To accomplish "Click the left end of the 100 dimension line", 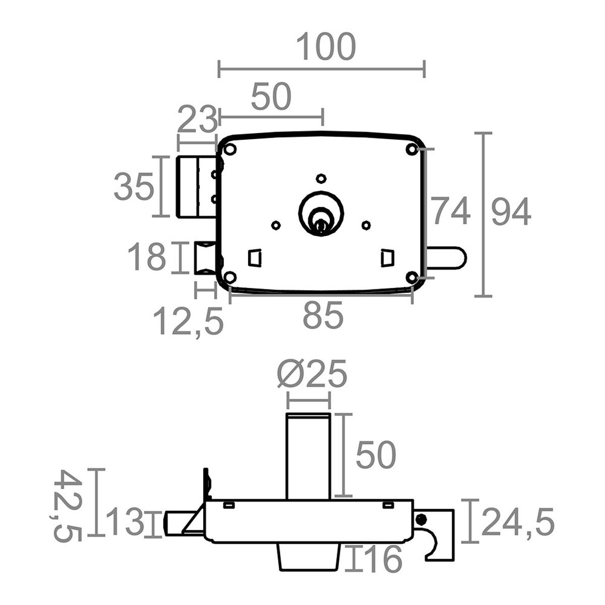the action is coord(219,69).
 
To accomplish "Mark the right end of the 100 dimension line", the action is coord(424,69).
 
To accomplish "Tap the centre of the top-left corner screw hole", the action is coord(231,149).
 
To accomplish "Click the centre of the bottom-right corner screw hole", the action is coord(412,277).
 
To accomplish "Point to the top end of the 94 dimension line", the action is coord(483,133).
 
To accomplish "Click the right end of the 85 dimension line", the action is coord(412,295).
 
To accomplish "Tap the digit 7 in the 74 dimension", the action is coord(441,210).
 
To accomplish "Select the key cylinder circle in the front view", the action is coord(321,213).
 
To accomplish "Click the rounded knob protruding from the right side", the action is coord(446,258).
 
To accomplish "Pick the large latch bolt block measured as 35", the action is coord(197,187).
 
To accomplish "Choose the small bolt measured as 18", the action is coord(205,258).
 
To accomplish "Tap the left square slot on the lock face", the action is coord(255,258).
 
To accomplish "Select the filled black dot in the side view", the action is coord(420,528).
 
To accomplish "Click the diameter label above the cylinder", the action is coord(312,374).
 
